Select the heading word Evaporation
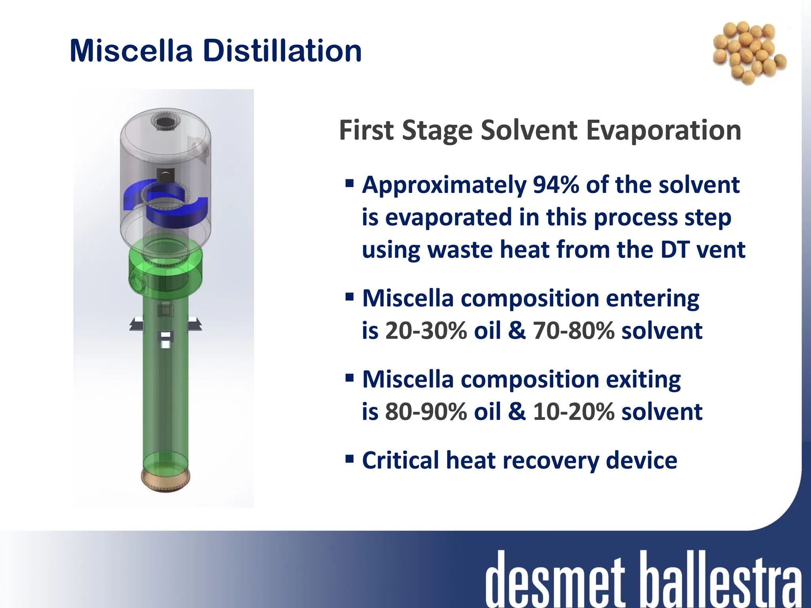[663, 130]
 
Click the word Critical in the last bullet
[400, 460]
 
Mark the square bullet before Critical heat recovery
[349, 459]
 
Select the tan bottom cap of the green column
[166, 481]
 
